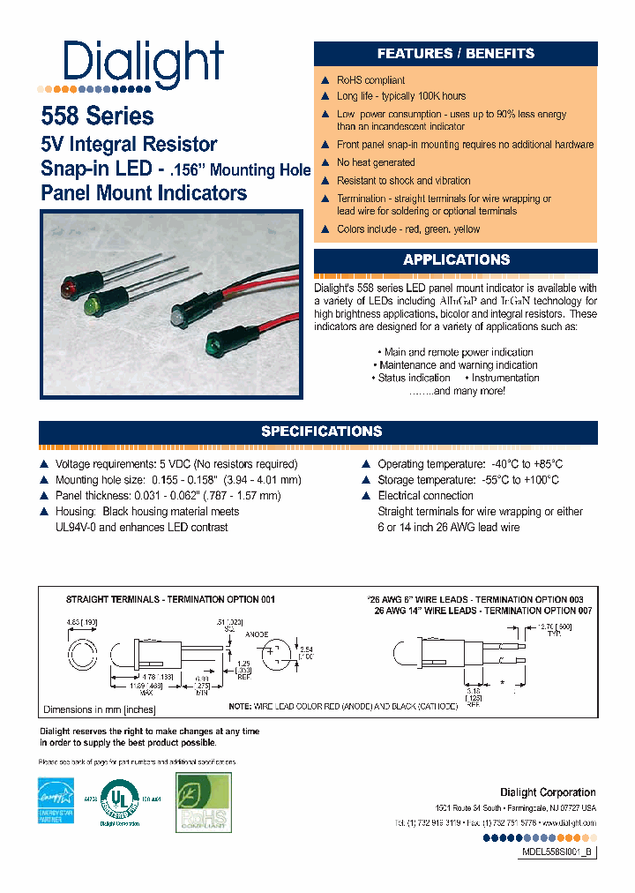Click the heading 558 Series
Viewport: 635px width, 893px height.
(97, 116)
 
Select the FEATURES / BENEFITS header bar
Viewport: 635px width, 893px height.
(456, 54)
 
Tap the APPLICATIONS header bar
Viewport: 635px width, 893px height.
(456, 260)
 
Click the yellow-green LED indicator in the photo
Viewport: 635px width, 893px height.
(92, 305)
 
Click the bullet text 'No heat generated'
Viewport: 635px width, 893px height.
(376, 162)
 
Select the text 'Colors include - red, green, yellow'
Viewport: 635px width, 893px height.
(408, 229)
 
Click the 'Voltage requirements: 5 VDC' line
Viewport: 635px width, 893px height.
(176, 464)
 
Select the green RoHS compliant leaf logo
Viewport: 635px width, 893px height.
(203, 802)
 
